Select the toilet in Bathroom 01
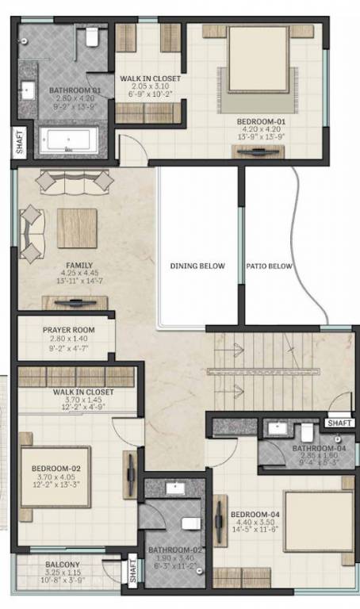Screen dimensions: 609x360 pyautogui.click(x=92, y=36)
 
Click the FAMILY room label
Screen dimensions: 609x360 pyautogui.click(x=79, y=266)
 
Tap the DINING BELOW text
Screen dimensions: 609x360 pyautogui.click(x=197, y=266)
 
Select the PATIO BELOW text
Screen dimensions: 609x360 pyautogui.click(x=270, y=266)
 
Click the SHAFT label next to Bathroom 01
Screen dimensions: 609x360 pyautogui.click(x=18, y=143)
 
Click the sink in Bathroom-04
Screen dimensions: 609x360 pyautogui.click(x=277, y=429)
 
